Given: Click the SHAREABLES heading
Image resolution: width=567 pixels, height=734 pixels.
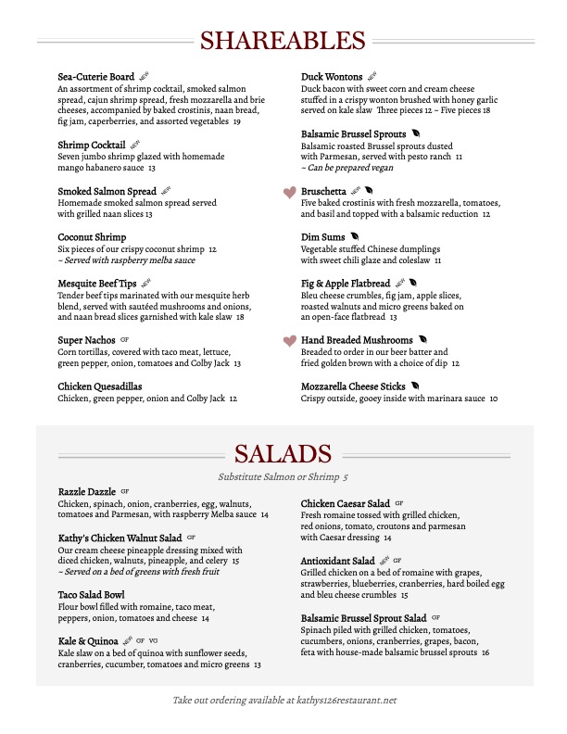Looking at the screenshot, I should [283, 41].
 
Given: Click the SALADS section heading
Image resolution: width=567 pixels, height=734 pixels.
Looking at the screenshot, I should [283, 454].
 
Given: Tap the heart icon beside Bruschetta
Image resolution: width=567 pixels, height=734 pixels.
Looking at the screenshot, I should [289, 192].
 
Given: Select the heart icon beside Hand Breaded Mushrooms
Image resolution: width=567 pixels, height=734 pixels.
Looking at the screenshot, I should [289, 341].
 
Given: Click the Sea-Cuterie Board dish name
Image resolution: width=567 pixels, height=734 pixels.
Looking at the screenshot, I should [96, 76].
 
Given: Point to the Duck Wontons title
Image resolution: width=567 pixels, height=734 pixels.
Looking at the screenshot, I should [332, 76].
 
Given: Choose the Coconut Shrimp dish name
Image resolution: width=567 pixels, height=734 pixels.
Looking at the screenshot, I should [92, 237].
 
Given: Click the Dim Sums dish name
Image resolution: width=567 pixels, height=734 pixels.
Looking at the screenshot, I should [322, 237].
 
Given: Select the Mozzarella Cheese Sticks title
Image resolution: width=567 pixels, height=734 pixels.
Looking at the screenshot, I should [353, 386].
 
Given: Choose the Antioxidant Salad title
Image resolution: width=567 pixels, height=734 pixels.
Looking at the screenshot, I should [338, 561].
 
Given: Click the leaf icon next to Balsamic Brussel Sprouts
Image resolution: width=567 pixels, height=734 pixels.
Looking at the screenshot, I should [416, 134].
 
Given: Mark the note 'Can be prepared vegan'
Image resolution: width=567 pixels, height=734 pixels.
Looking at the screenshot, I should [346, 169].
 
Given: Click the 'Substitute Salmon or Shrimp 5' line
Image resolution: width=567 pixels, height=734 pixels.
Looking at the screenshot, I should [283, 477].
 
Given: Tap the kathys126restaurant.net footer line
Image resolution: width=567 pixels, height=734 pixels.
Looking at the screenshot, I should [283, 701].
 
